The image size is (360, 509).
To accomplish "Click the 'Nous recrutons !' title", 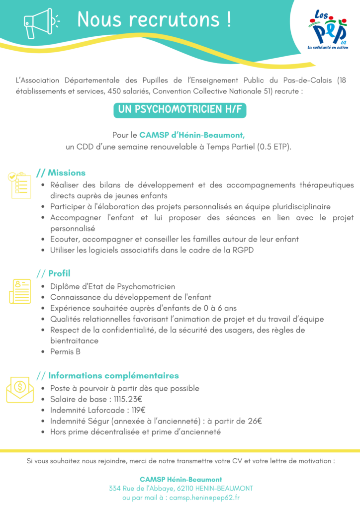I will (154, 20).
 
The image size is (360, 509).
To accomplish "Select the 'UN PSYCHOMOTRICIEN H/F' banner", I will (180, 110).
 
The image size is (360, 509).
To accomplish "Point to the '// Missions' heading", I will (61, 173).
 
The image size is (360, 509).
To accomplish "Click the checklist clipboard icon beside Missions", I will (18, 185).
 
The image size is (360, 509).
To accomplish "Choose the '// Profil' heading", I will (54, 273).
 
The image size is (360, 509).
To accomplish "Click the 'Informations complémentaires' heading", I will (113, 376).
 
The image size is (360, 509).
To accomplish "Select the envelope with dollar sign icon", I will (20, 389).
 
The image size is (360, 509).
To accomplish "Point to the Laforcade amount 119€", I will (136, 410).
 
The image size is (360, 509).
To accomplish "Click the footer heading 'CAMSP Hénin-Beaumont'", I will (180, 479).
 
